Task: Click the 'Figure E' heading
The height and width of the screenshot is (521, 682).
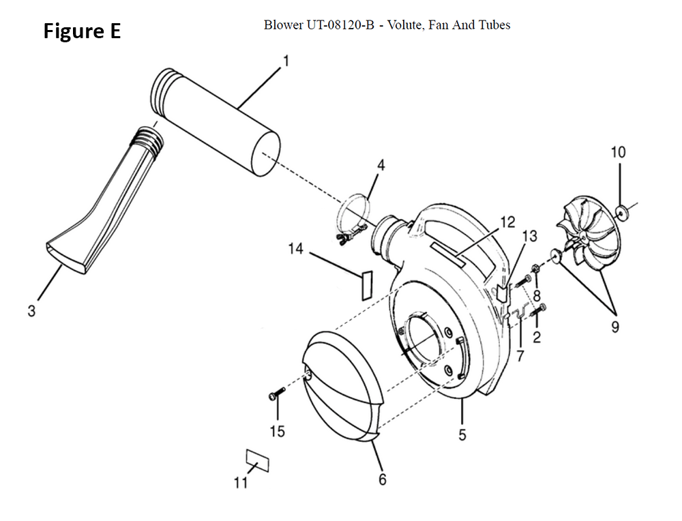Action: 82,31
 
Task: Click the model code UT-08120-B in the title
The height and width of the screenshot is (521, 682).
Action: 340,25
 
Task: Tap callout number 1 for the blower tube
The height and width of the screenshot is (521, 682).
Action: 286,61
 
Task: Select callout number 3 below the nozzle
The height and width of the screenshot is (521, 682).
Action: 31,311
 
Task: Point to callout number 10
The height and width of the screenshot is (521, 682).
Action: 618,152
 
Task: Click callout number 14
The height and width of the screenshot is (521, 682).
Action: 296,249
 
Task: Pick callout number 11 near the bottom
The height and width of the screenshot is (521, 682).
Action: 241,482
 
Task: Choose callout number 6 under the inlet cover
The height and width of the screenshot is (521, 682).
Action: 383,479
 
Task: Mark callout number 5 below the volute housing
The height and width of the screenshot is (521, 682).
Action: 462,434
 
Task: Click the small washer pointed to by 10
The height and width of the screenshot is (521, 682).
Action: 621,212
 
